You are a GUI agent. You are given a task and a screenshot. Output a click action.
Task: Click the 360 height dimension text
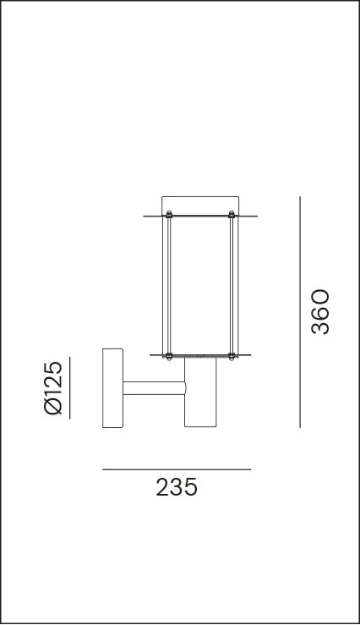(x=319, y=312)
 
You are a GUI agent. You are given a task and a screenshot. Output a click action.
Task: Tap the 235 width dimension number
(x=177, y=488)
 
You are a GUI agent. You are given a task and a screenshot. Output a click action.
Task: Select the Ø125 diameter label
(x=52, y=388)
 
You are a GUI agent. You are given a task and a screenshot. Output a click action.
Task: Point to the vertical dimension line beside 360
(x=300, y=312)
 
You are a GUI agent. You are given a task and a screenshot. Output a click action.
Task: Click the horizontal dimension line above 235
(x=177, y=469)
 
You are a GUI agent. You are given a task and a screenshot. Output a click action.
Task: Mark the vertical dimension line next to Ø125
(x=69, y=388)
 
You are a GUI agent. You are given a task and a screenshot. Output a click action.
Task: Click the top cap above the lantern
(x=200, y=204)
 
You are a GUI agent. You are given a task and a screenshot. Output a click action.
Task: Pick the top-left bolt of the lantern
(x=169, y=214)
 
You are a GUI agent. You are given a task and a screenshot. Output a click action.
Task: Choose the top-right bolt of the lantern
(x=232, y=214)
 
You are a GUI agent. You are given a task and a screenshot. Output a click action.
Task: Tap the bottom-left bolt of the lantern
(x=169, y=357)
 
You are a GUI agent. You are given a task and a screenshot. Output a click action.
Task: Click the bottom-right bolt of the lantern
(x=232, y=357)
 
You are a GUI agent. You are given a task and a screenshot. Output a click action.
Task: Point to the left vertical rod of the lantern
(x=169, y=285)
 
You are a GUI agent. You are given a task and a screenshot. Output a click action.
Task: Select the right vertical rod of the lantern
(x=232, y=285)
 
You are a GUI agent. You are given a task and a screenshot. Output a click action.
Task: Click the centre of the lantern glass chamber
(x=200, y=285)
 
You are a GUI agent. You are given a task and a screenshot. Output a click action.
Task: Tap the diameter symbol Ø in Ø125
(x=52, y=408)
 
